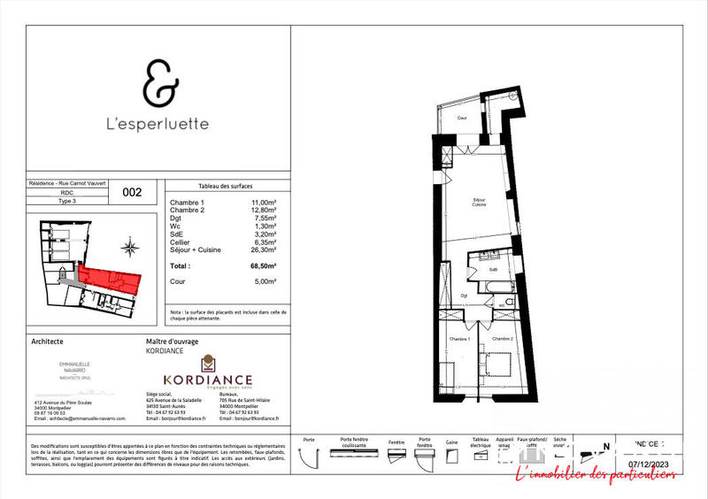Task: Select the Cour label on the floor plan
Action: point(461,118)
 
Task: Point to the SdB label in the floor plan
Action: point(494,270)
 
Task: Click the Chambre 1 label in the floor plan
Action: point(458,340)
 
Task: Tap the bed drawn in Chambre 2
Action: point(497,363)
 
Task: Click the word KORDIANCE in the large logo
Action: point(207,380)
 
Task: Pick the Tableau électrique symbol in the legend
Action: point(481,457)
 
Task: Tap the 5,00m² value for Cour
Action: point(263,281)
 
